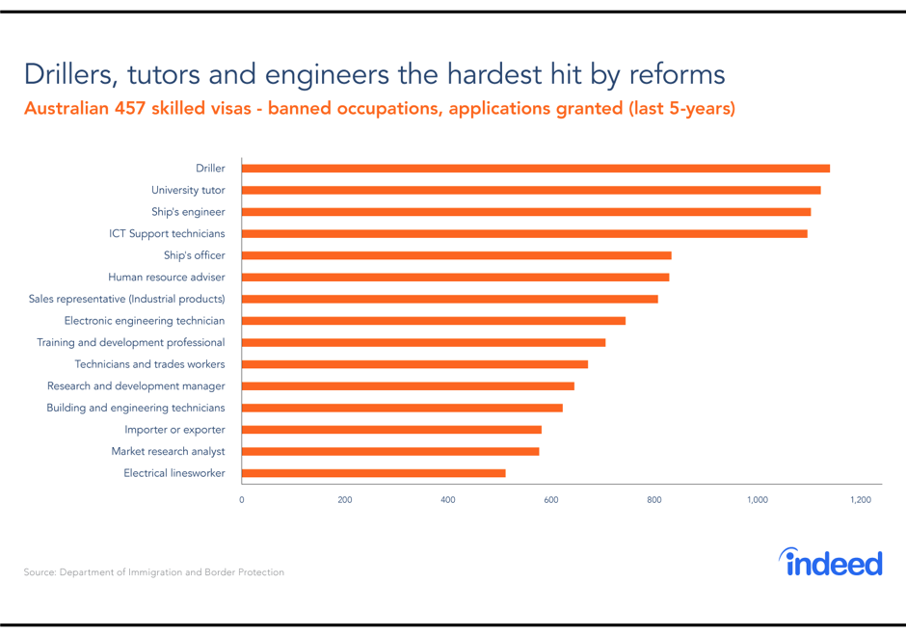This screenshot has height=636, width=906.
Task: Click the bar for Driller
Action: pos(535,169)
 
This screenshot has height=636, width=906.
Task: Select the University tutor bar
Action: pos(530,190)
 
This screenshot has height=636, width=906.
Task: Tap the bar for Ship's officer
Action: pos(456,255)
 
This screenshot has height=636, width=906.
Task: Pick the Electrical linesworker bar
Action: pos(373,473)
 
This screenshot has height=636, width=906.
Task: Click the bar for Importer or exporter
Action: pos(391,430)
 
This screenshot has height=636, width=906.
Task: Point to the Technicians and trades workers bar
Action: pos(414,364)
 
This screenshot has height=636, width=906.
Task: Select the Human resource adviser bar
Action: pos(455,278)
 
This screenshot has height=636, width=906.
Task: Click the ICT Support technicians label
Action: pos(167,233)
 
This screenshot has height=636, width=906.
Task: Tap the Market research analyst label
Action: pos(168,451)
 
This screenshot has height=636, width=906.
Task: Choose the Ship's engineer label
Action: pos(188,212)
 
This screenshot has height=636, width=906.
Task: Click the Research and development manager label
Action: pos(136,386)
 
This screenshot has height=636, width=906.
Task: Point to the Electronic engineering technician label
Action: pos(145,321)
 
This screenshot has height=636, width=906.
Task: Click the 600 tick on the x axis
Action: pos(551,500)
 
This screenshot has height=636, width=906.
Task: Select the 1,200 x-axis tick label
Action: pos(861,500)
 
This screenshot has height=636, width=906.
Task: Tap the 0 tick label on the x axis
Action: pos(242,500)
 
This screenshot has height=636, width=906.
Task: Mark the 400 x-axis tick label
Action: pos(448,500)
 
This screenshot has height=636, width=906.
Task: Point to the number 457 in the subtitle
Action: pos(129,108)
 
